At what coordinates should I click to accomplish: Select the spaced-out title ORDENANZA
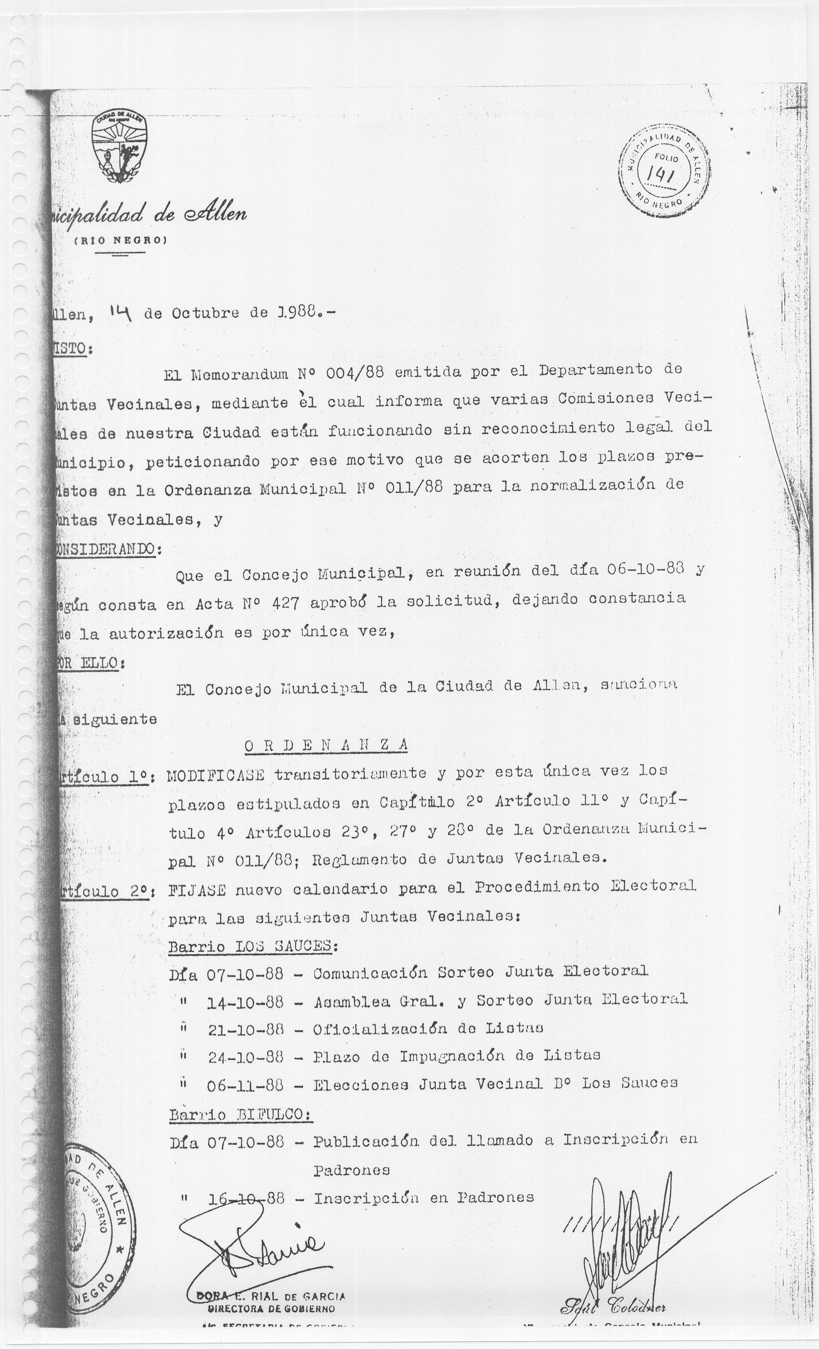pyautogui.click(x=326, y=745)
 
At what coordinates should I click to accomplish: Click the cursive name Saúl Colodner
pyautogui.click(x=613, y=1319)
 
